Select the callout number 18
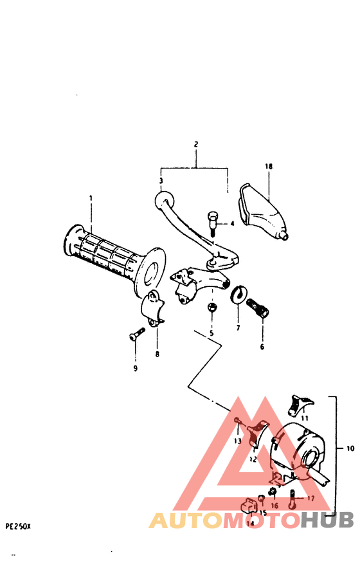coord(269,167)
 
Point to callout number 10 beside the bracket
coord(350,448)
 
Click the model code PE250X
coord(18,526)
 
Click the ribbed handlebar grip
coord(106,257)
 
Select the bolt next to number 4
coord(212,223)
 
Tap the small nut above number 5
coord(211,308)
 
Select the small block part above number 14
coord(247,506)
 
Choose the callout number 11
coord(305,418)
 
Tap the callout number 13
coord(237,441)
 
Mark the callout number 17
coord(310,498)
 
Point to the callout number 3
coord(161,181)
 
